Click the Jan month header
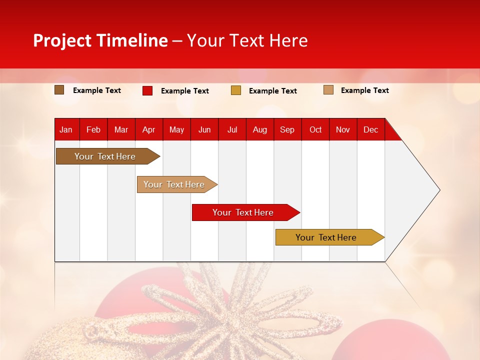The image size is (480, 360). click(x=66, y=129)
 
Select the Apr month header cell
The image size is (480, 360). click(x=149, y=129)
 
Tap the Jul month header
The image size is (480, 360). click(x=232, y=129)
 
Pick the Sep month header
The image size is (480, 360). click(x=287, y=129)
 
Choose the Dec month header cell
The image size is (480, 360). click(x=371, y=129)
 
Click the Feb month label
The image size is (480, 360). click(x=93, y=129)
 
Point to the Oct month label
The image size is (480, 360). click(x=315, y=129)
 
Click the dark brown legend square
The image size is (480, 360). click(x=59, y=90)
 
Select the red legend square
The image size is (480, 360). click(x=147, y=90)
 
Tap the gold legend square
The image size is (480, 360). click(x=236, y=90)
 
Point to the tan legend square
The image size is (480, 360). click(x=328, y=90)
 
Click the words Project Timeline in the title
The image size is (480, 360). click(x=100, y=40)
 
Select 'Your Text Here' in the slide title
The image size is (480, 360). click(x=247, y=40)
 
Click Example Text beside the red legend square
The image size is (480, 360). click(x=185, y=91)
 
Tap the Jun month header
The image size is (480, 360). click(x=204, y=129)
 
